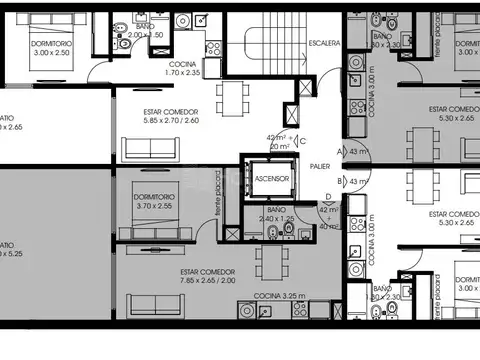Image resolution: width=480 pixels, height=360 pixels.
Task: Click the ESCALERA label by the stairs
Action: (x=324, y=44)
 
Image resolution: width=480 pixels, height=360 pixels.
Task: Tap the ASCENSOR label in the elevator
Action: (x=271, y=179)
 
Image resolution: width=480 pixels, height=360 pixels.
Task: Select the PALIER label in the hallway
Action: (x=320, y=167)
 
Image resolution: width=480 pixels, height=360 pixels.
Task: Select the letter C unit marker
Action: (x=303, y=140)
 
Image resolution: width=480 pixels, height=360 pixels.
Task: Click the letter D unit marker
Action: (x=329, y=197)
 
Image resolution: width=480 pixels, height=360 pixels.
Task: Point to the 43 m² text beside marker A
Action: (x=358, y=151)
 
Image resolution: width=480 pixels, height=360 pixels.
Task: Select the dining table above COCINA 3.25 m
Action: (x=268, y=261)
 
